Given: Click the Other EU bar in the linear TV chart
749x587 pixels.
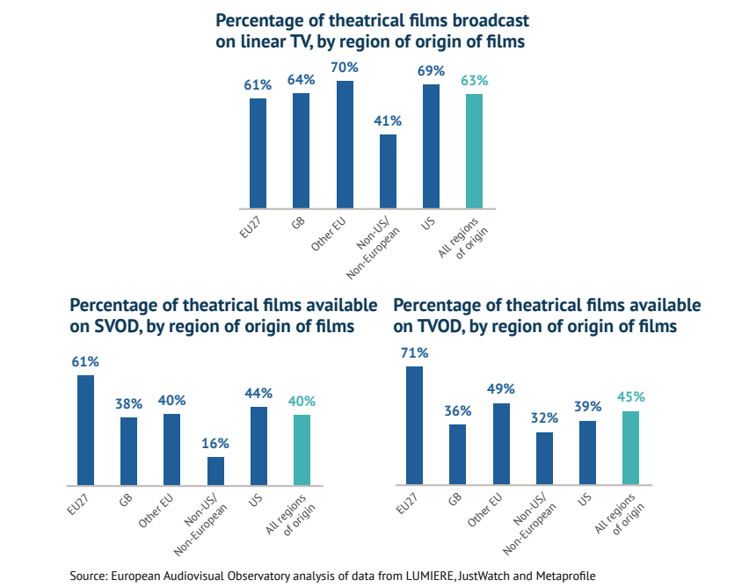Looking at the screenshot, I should [345, 144].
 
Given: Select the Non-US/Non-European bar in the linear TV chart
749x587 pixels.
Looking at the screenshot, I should [388, 171].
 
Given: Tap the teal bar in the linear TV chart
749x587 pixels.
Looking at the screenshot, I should [474, 151].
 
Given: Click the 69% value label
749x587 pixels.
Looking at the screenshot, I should [431, 69].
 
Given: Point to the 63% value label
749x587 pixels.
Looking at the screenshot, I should [474, 80].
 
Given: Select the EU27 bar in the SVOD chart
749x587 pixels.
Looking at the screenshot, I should [85, 430].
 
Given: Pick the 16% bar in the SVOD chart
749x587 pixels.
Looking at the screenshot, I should [215, 471].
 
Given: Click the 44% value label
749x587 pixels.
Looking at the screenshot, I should [258, 393].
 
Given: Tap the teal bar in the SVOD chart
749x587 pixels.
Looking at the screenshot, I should [302, 449].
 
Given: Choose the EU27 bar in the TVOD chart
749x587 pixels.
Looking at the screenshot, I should [414, 425].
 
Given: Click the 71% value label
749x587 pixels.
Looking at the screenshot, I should [414, 352].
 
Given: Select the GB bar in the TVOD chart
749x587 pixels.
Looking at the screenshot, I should [457, 454].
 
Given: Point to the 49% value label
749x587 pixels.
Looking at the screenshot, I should [500, 389].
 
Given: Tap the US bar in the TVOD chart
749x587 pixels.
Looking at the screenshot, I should [587, 453].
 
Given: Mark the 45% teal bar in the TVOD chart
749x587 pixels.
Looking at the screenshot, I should [630, 447].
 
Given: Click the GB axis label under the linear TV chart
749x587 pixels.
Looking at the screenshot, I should [298, 225].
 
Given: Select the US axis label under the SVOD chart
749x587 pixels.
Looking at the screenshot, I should [255, 498].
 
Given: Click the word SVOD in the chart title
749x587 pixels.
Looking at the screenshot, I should [111, 326].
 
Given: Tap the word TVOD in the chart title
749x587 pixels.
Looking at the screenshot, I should [435, 326].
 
